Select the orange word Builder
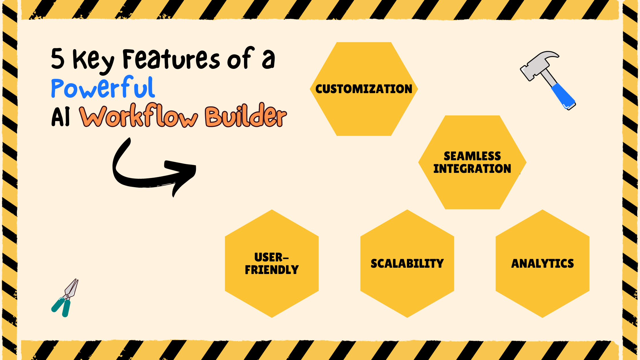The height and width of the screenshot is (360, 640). (x=246, y=115)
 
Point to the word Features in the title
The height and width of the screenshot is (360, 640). (x=171, y=59)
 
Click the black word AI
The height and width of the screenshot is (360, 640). (x=61, y=117)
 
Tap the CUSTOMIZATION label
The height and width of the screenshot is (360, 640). (x=364, y=89)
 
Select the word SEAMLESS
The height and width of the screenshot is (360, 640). (x=472, y=156)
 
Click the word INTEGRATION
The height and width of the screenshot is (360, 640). (x=472, y=169)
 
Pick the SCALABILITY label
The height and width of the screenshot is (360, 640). (x=407, y=263)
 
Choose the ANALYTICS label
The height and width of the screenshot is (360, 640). (x=542, y=263)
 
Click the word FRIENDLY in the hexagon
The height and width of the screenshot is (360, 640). (x=272, y=270)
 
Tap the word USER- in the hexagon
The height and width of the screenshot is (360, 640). (x=271, y=257)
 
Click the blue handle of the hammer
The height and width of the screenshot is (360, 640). (x=563, y=96)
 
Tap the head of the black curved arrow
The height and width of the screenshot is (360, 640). (x=183, y=174)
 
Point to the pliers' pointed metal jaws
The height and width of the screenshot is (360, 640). (x=72, y=287)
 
